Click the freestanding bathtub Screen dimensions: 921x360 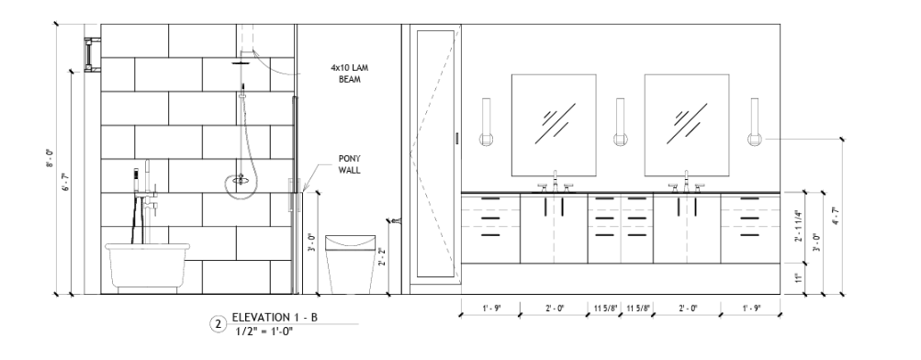click(x=148, y=267)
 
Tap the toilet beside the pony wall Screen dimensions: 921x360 click(x=350, y=264)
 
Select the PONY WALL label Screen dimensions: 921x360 click(x=350, y=164)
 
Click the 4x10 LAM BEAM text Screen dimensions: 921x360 click(x=350, y=73)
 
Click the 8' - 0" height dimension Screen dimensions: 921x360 click(x=51, y=159)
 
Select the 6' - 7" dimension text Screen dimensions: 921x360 click(x=66, y=182)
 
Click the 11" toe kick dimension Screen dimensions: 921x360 click(x=798, y=277)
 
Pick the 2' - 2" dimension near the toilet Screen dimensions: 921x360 click(x=382, y=257)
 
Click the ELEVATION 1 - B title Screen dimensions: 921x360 click(x=275, y=318)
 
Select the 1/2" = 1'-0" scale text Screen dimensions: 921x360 click(x=264, y=332)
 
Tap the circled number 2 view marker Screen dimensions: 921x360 click(x=218, y=324)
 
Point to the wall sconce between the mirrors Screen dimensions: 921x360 click(x=620, y=122)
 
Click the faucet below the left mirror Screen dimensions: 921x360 click(x=555, y=182)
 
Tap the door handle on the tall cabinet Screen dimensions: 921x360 click(x=456, y=139)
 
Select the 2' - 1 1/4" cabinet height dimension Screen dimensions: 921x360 click(x=798, y=226)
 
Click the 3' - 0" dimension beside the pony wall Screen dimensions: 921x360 click(x=311, y=242)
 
